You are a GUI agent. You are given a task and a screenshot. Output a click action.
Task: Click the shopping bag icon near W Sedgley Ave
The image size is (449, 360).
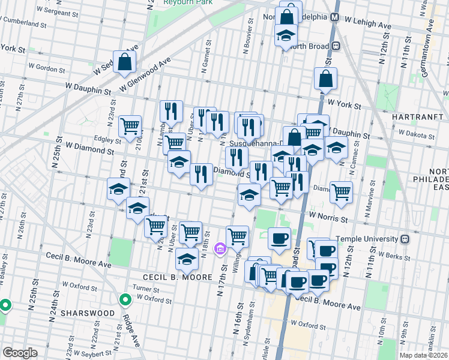pyautogui.click(x=124, y=61)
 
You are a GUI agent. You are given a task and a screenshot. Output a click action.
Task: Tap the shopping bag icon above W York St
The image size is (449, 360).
pyautogui.click(x=325, y=79)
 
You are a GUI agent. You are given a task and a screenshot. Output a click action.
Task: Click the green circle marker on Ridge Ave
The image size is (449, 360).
pyautogui.click(x=125, y=299)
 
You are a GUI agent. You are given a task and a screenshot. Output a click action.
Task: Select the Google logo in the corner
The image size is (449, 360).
pyautogui.click(x=20, y=352)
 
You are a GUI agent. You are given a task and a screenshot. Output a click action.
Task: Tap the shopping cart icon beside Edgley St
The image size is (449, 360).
pyautogui.click(x=130, y=127)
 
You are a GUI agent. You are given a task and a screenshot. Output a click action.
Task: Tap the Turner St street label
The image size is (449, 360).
pyautogui.click(x=146, y=289)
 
